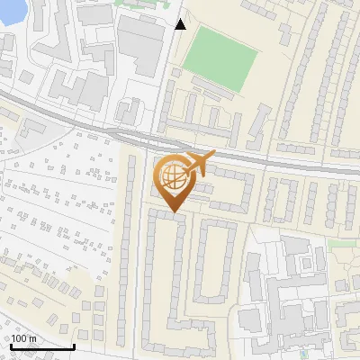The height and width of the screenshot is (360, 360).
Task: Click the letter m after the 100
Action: point(32,337)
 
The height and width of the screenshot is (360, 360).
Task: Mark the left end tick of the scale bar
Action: point(10,345)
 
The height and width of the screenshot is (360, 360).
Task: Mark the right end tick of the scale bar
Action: point(74,345)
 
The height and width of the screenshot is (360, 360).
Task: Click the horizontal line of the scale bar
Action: point(41,346)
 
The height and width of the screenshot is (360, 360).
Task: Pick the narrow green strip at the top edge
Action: point(144,3)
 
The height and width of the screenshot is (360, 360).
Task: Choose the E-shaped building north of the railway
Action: point(76,86)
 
